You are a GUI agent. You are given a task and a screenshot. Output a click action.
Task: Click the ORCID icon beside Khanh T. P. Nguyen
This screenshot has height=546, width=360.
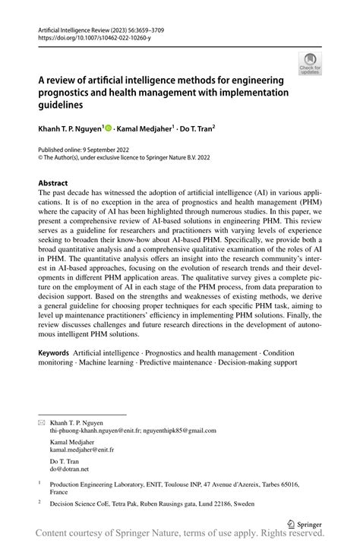pos(109,128)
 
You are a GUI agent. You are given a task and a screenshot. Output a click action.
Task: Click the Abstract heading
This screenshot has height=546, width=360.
pos(53,184)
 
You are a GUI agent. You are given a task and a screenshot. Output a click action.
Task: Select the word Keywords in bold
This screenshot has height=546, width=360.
pos(55,354)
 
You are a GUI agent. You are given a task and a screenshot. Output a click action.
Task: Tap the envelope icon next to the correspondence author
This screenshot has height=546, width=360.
pos(42,421)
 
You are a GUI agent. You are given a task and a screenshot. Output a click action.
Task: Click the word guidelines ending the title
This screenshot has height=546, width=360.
pos(65,106)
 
